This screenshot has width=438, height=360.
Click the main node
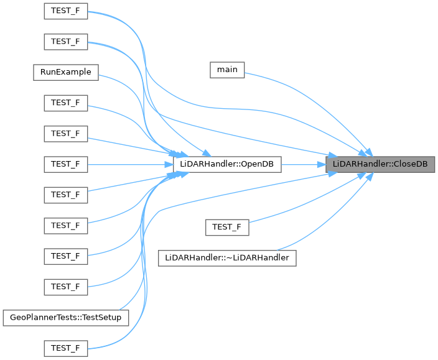tap(227, 69)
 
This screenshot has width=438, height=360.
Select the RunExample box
tap(66, 72)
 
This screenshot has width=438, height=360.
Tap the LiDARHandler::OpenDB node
tap(227, 164)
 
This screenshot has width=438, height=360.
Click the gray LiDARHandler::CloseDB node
tap(380, 164)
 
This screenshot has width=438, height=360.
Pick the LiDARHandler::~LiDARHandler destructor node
tap(227, 257)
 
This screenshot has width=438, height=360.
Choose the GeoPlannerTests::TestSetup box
tap(66, 317)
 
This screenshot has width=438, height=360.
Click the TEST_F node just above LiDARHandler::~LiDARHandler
tap(227, 227)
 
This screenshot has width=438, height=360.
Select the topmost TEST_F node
tap(65, 12)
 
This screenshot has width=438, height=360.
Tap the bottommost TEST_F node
tap(65, 348)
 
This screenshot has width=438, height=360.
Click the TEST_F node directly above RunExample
tap(65, 42)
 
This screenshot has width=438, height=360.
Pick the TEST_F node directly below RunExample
tap(65, 102)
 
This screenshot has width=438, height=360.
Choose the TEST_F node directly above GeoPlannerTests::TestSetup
tap(65, 286)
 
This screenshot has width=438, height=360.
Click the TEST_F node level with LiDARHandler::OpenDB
tap(65, 164)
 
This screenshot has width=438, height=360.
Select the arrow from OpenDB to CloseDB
tap(304, 164)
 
